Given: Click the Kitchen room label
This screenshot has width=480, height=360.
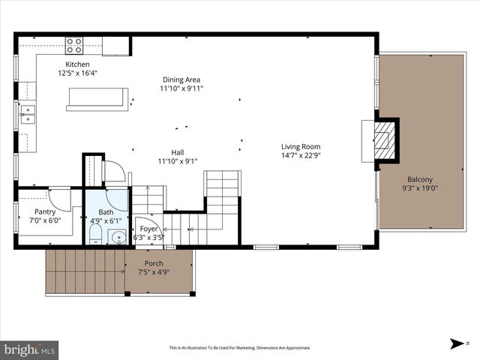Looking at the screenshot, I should pyautogui.click(x=78, y=64).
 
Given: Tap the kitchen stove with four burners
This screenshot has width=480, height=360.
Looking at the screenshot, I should pyautogui.click(x=74, y=46).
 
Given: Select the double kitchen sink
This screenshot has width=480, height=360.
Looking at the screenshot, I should pyautogui.click(x=27, y=114).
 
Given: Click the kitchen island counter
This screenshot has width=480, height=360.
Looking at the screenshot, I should pyautogui.click(x=97, y=99).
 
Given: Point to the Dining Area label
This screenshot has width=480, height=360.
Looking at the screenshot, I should pyautogui.click(x=181, y=79).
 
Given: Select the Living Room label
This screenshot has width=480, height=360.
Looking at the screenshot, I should pyautogui.click(x=301, y=146).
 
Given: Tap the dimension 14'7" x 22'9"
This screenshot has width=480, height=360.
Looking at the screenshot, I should pyautogui.click(x=301, y=156).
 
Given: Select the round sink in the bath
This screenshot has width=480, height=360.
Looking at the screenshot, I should pyautogui.click(x=118, y=238).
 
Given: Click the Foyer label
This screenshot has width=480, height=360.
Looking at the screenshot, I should pyautogui.click(x=147, y=229).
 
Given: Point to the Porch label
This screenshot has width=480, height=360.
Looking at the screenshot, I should pyautogui.click(x=154, y=262).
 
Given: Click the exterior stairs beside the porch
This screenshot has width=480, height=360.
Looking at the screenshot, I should pyautogui.click(x=85, y=271).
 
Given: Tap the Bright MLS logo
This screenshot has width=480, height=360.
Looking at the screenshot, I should pyautogui.click(x=30, y=349).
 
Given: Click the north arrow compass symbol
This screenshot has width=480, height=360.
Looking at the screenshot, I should pyautogui.click(x=456, y=343).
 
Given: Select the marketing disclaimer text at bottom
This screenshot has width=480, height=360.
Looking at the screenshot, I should pyautogui.click(x=239, y=348).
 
